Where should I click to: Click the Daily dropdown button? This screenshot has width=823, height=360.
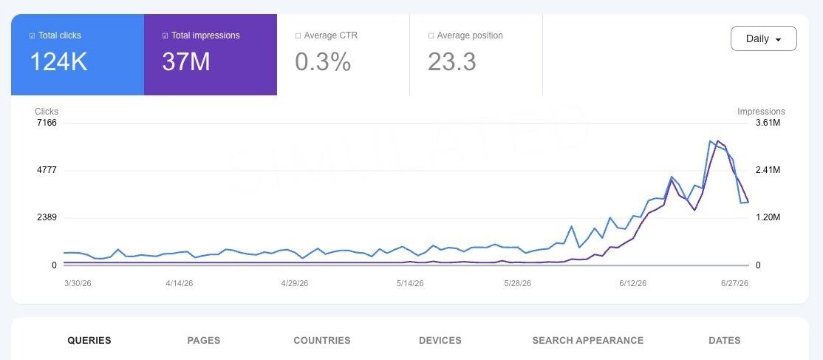[x=763, y=38]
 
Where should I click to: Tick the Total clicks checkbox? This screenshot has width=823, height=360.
[x=33, y=35]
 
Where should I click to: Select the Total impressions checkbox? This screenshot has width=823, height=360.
[x=165, y=35]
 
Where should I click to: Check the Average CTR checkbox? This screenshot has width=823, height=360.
[x=298, y=35]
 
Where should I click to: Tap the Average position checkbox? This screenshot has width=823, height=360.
[x=431, y=35]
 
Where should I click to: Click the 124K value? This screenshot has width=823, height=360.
[x=58, y=61]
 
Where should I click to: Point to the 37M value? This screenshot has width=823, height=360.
[x=186, y=61]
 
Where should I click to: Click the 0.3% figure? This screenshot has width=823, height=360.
[x=323, y=61]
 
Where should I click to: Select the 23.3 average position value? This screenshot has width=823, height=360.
[x=452, y=61]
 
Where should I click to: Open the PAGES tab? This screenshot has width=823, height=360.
[x=204, y=341]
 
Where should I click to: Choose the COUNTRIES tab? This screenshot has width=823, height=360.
[x=322, y=341]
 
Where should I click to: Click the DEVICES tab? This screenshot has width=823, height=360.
[x=440, y=341]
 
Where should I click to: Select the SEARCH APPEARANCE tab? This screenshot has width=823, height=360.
[x=588, y=341]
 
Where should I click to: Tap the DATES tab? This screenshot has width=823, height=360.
[x=724, y=341]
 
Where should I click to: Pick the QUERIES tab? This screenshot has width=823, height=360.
[x=89, y=341]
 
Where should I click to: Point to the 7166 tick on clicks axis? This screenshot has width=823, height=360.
[x=47, y=123]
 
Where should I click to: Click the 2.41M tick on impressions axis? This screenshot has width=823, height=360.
[x=767, y=170]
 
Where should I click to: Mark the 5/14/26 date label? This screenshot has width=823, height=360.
[x=410, y=283]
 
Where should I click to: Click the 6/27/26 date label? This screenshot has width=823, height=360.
[x=734, y=283]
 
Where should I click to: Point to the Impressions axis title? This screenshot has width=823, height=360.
[x=761, y=112]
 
